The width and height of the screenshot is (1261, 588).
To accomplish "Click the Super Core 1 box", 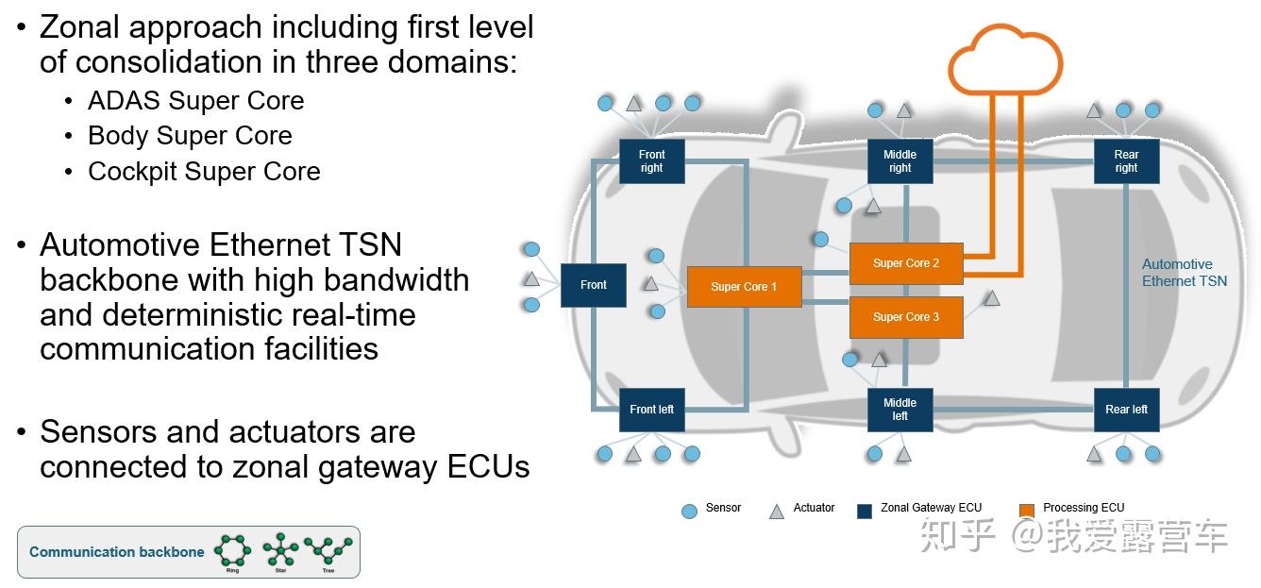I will pos(744,287).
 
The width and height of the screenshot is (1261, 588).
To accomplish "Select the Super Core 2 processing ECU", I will pos(906,263).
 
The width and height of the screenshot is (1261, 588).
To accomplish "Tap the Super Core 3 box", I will pos(906,317).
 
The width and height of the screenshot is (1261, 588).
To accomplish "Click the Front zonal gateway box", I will pos(594,285).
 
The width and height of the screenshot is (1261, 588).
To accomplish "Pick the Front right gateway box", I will pos(651,161).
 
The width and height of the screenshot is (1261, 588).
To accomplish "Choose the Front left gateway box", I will pos(651,410).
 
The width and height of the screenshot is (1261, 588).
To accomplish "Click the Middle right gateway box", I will pos(900,161).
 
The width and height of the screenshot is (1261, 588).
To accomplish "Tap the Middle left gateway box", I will pos(900,410).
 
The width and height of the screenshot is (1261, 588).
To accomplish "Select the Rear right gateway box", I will pos(1126,161).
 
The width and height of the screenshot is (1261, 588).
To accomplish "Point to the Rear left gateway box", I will pos(1126,410).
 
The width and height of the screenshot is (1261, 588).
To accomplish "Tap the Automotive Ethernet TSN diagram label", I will pos(1184,273).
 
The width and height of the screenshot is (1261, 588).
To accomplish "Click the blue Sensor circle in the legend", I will pos(689,511).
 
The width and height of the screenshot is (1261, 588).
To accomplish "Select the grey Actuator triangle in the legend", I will pos(777,511).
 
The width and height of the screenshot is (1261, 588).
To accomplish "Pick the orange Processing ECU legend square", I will pos(1027,511).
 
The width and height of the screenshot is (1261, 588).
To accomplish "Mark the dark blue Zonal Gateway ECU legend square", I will pos(864,511).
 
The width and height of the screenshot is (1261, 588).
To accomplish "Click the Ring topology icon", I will pos(232,549).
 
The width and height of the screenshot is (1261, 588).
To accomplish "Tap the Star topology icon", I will pos(280,549).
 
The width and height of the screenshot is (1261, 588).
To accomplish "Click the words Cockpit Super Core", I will pos(204,172).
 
